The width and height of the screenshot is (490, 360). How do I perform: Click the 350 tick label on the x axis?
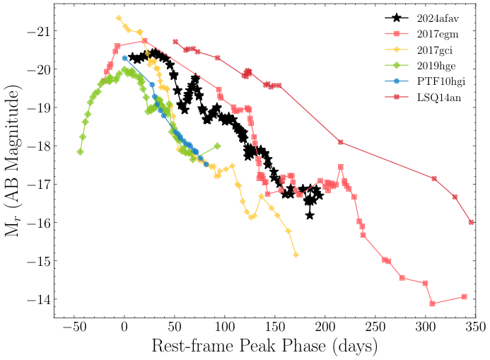coord(475,327)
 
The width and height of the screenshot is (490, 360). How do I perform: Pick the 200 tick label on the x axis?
coord(325,327)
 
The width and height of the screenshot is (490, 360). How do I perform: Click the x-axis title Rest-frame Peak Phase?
coord(264,347)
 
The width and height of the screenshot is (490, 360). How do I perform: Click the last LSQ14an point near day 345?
coord(471,222)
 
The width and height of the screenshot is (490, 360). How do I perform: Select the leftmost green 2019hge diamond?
coord(80,151)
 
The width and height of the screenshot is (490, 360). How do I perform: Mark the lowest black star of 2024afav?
coord(310,215)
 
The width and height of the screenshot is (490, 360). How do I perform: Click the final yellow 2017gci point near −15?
coord(296,255)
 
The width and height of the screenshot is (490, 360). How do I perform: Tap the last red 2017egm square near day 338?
coord(464,296)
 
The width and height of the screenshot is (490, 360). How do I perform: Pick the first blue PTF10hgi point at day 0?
coord(124,58)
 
